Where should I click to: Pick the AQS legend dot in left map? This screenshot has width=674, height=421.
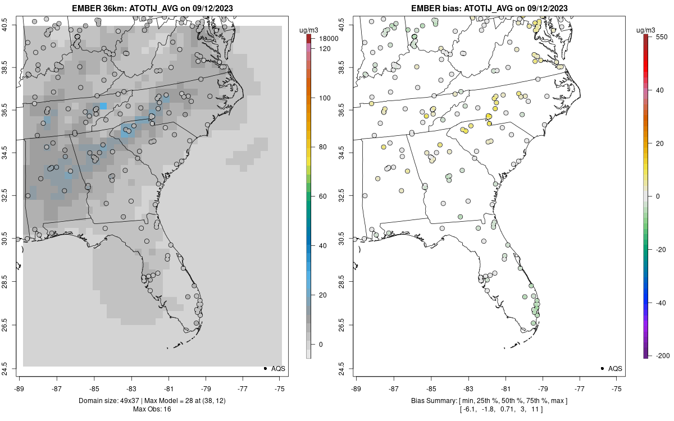coord(265,369)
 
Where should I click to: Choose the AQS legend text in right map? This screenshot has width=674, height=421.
coord(616,369)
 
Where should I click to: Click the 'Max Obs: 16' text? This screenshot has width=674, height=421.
coord(152,409)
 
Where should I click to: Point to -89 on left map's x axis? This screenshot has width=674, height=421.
coord(20,388)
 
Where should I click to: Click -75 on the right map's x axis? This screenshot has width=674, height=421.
coord(617,388)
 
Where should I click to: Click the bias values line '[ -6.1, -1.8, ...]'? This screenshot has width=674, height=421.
coord(488,409)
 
